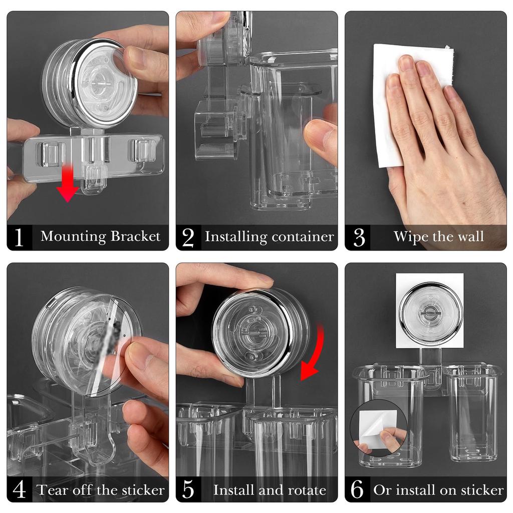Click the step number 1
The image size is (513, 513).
[x=19, y=237]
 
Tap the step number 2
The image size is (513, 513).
[x=188, y=237]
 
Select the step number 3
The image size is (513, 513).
[x=359, y=237]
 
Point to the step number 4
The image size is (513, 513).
[x=19, y=489]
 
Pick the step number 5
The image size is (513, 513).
[x=188, y=489]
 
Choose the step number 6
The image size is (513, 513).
[x=358, y=489]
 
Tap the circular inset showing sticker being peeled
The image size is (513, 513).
[x=379, y=430]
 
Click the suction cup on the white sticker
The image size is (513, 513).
[x=430, y=314]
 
